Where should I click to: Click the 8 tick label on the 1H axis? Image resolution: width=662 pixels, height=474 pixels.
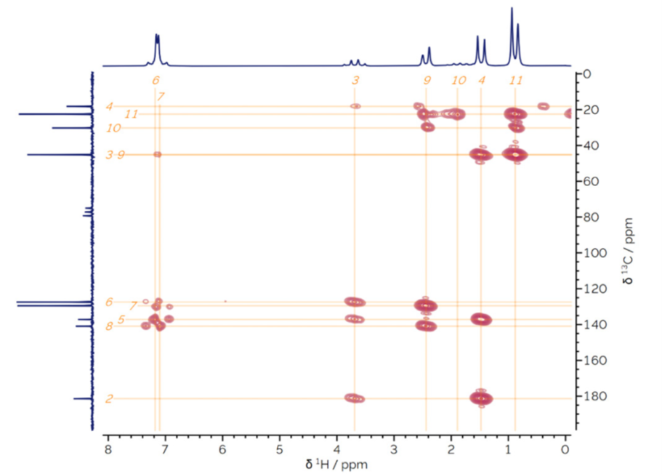[108, 446]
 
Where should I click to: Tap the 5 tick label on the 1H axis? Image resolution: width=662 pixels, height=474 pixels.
[280, 446]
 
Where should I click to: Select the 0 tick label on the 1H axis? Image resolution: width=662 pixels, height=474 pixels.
[566, 446]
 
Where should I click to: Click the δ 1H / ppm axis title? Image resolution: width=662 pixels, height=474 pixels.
[336, 463]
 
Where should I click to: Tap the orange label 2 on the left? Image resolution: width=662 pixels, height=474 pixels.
[109, 398]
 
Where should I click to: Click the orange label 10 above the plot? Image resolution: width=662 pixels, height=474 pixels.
[458, 80]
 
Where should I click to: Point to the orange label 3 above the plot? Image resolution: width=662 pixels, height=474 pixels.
[355, 80]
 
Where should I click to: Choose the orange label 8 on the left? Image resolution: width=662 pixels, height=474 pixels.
[109, 326]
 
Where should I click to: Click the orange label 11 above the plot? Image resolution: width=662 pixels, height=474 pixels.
[515, 80]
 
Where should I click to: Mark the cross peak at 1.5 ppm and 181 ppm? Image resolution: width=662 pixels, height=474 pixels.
[481, 398]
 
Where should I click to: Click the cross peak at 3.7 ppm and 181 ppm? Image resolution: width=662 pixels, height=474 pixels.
[355, 398]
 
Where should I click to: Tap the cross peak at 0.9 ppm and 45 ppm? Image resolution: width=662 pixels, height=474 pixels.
[515, 154]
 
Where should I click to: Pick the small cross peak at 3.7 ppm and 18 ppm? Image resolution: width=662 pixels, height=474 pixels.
[355, 106]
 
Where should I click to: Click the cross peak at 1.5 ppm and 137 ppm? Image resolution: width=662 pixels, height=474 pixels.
[481, 319]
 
